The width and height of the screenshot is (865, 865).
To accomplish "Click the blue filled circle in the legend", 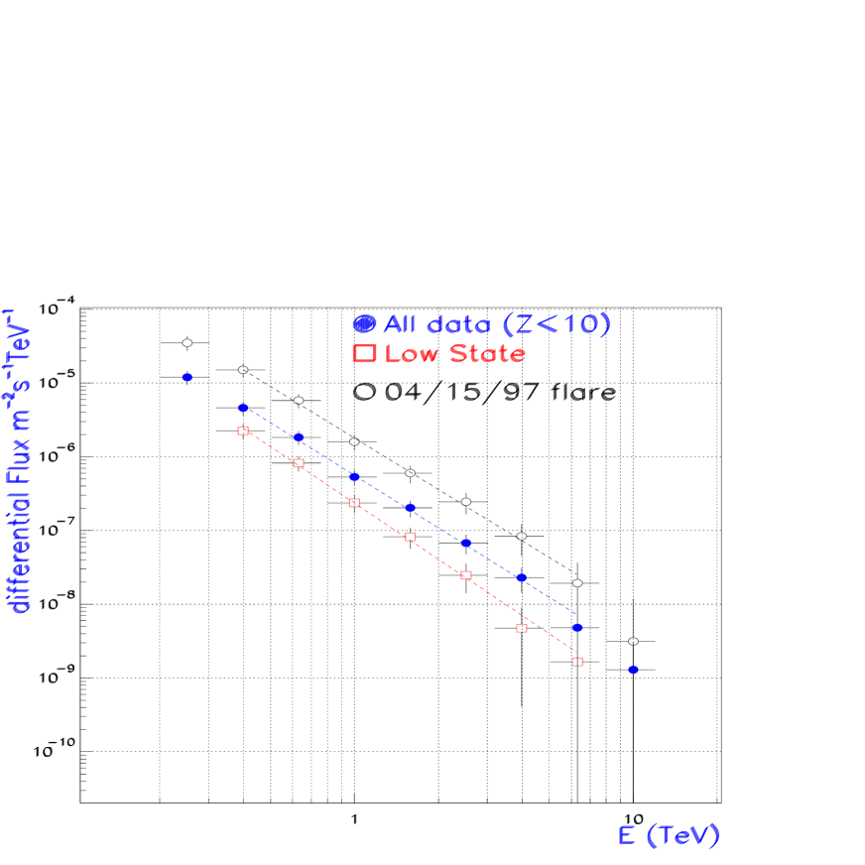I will pos(364,323).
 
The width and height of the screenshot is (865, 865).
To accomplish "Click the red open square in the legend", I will pos(364,353).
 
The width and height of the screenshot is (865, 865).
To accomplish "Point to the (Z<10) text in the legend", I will pos(556,324).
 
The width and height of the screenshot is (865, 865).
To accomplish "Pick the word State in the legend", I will pos(487,354).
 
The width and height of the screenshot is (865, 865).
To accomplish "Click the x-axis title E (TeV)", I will pos(669,835).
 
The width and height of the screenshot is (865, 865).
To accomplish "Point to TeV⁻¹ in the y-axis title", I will pos(20,337).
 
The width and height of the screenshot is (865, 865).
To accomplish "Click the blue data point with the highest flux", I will pos(186,377).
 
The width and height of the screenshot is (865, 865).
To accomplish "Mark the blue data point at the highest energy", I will pos(633,670).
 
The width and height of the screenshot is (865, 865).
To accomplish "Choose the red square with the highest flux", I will pos(242,431).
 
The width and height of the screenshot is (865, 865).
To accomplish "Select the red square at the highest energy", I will pos(577,661).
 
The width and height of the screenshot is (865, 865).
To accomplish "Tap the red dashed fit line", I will pos(437,556).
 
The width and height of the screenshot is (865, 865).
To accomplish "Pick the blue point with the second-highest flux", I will pos(242,408).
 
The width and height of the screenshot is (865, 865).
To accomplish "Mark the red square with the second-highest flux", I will pos(299,463).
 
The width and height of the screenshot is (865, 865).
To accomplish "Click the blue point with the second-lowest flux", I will pos(577,627).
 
